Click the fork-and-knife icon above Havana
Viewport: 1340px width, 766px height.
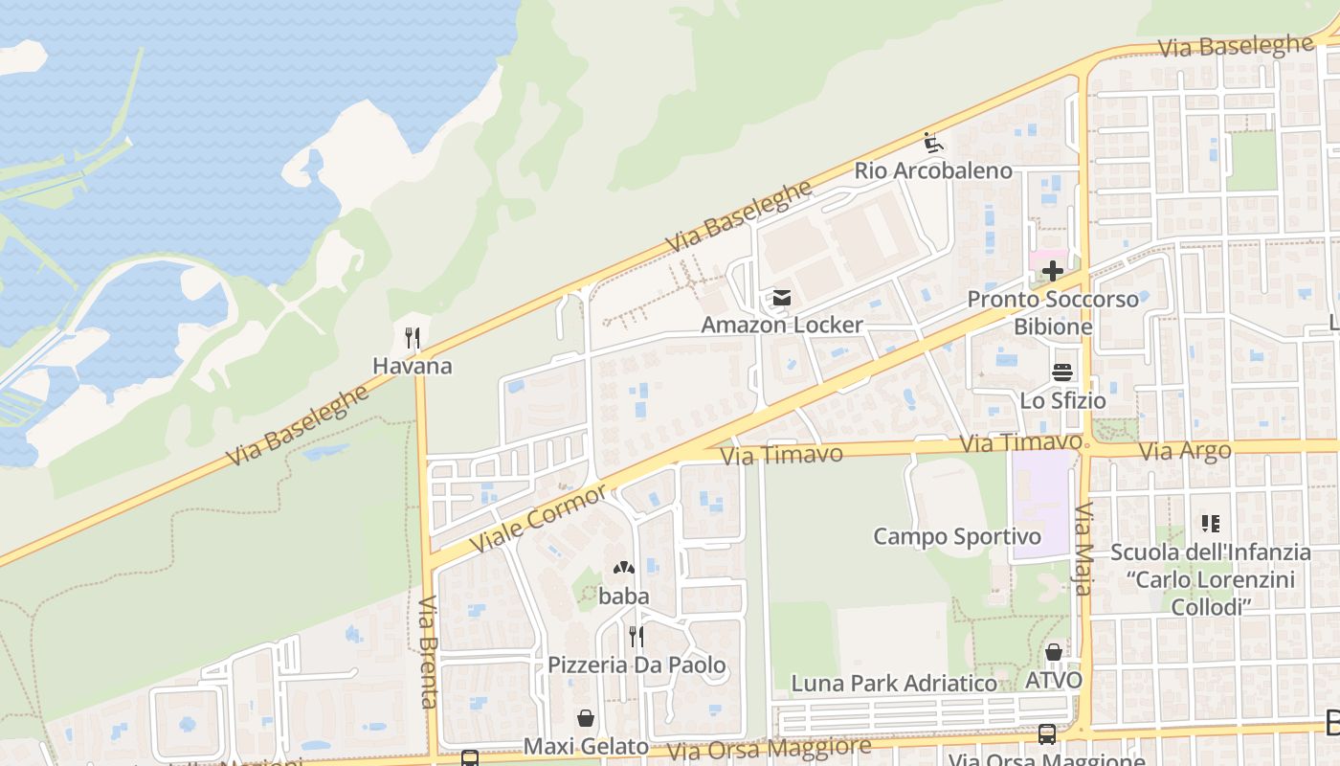tap(413, 338)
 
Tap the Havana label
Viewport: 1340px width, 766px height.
tap(413, 366)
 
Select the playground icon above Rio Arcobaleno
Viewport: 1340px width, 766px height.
tap(934, 144)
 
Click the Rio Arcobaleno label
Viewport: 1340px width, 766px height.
tap(933, 170)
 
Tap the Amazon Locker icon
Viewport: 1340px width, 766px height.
tap(782, 298)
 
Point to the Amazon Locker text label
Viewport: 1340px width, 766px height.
tap(782, 325)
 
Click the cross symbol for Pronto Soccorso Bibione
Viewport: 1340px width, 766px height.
tap(1053, 271)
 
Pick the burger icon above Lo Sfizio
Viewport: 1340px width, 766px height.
tap(1062, 372)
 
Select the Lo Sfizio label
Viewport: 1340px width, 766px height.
tap(1062, 400)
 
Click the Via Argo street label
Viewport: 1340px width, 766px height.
tap(1185, 451)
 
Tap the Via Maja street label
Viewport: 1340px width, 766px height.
tap(1083, 549)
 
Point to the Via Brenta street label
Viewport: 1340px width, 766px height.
tap(428, 651)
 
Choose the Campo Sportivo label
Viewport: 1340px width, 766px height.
tap(957, 536)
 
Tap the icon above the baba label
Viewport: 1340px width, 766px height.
tap(624, 568)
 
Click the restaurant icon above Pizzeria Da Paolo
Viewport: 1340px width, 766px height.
tap(636, 636)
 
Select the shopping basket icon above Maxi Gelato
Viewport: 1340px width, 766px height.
tap(586, 718)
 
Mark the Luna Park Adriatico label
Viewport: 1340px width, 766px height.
tap(894, 683)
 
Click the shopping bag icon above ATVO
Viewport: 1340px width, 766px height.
tap(1054, 653)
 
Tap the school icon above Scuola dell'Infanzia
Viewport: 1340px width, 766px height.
tap(1211, 524)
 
